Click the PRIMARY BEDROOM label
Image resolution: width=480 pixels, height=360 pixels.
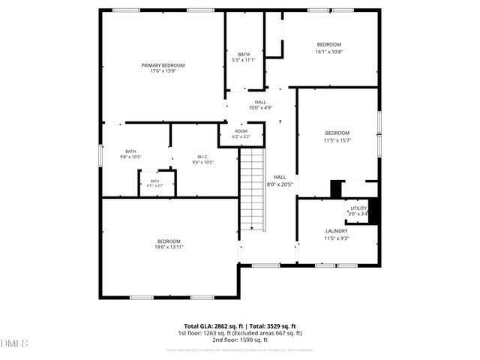click(x=163, y=65)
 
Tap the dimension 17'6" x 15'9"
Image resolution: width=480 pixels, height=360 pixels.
click(x=163, y=71)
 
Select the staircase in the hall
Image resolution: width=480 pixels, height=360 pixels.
click(x=253, y=189)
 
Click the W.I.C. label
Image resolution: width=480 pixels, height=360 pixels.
click(x=202, y=157)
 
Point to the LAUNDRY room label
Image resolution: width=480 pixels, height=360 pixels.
click(x=336, y=231)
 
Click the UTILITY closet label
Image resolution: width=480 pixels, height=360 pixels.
click(x=358, y=208)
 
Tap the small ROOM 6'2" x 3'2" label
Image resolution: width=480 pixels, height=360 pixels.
click(x=241, y=131)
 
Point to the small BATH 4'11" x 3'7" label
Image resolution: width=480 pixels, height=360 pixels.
click(x=155, y=181)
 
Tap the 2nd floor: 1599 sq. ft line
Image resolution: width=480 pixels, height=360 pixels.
click(x=240, y=340)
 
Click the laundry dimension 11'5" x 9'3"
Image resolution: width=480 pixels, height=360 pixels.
click(x=336, y=238)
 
